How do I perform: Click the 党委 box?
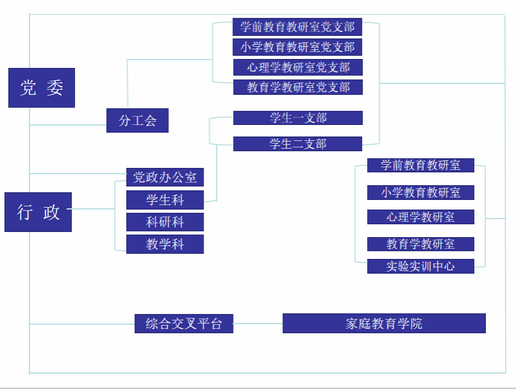[42, 88]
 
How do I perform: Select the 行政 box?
[39, 212]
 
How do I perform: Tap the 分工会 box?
[137, 120]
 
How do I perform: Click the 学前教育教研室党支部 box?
[297, 27]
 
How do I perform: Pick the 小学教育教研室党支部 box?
[297, 47]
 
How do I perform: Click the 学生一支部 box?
[298, 118]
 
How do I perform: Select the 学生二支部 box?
[298, 144]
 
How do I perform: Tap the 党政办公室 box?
[165, 177]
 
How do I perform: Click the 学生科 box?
[165, 200]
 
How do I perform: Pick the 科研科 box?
[165, 222]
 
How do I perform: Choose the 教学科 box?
[165, 244]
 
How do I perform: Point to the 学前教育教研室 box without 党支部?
[420, 165]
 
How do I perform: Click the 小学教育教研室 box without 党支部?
[420, 192]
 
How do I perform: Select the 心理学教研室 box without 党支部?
[420, 217]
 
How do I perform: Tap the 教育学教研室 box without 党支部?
[420, 244]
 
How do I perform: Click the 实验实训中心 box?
[420, 266]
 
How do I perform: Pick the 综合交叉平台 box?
[184, 324]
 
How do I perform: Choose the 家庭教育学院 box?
[384, 324]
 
